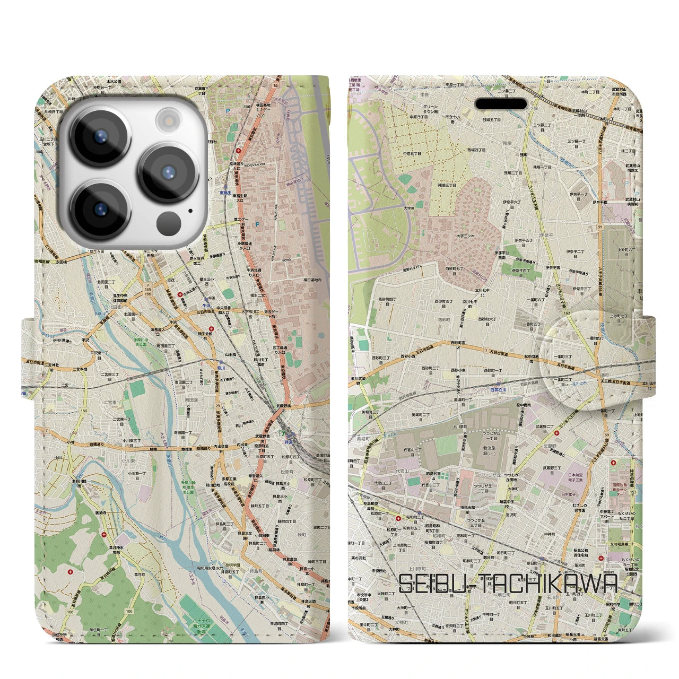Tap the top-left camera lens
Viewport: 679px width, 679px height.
click(100, 137)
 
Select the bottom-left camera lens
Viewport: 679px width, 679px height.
click(100, 210)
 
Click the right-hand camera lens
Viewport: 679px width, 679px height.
click(169, 173)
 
